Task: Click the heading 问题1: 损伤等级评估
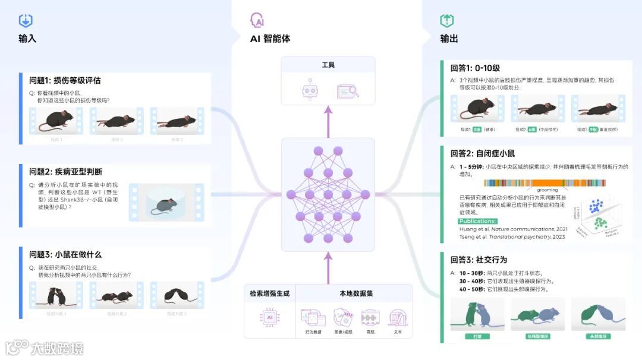[65, 80]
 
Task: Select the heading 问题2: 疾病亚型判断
[65, 172]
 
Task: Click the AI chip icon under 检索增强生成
[269, 317]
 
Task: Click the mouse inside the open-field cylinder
[164, 205]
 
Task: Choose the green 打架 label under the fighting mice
[477, 337]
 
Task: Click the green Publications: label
[477, 221]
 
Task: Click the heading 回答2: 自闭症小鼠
[483, 153]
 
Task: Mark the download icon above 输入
[26, 21]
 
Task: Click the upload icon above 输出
[447, 21]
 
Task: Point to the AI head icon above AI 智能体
[257, 21]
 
